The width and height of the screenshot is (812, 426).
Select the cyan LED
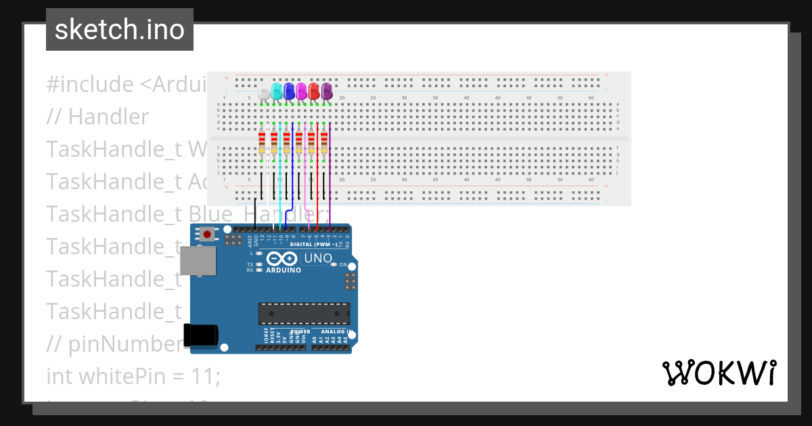pos(277,91)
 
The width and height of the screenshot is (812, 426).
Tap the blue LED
pos(289,91)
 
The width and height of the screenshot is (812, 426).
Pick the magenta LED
pos(301,91)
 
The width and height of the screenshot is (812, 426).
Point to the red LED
pos(314,91)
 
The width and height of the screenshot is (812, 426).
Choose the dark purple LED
pos(327,91)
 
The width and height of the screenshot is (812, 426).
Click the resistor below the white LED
pos(262,143)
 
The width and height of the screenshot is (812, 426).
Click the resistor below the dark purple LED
pos(324,143)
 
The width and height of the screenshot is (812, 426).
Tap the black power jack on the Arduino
pos(201,336)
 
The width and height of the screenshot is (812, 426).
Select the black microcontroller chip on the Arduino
pos(304,314)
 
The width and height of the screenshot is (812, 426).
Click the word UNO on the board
pos(318,258)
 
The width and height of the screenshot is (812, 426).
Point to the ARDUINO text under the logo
pos(284,270)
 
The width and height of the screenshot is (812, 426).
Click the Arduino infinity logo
pos(282,258)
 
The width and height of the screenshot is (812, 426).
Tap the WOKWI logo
pos(719,373)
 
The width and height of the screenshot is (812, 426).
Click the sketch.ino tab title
pos(120,30)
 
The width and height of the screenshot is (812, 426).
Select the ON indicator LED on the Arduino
pos(334,264)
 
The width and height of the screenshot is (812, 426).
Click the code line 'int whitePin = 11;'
pos(133,376)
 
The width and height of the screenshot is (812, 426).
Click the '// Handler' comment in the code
pos(97,117)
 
